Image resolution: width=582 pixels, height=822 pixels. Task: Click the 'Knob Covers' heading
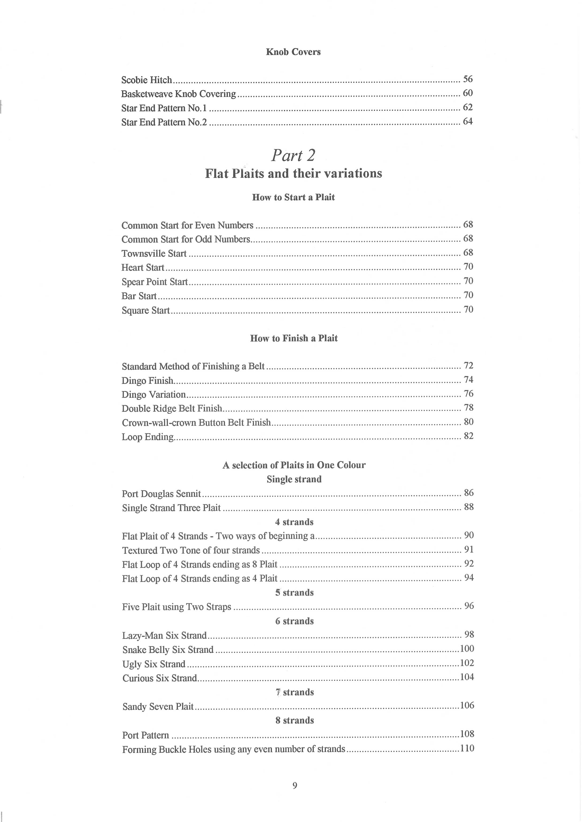(293, 52)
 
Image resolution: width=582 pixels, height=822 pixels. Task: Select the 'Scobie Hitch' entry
(146, 80)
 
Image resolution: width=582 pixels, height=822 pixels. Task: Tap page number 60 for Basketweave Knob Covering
(468, 93)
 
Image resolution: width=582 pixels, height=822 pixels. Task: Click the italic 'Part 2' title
(293, 155)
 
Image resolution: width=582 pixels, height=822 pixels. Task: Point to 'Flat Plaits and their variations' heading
(293, 174)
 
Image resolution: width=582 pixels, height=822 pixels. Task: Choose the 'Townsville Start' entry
(154, 254)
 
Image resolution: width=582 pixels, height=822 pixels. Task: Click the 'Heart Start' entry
(143, 267)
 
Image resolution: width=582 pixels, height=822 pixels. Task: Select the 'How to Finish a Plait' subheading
(293, 338)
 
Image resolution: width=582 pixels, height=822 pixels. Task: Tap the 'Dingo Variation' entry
(153, 395)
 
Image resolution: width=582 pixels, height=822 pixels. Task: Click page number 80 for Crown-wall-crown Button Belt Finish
(468, 422)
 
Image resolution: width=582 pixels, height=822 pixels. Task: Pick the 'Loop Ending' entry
(147, 437)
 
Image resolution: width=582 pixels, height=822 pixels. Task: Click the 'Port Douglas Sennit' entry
(161, 494)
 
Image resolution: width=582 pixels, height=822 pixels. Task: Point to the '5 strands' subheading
(294, 593)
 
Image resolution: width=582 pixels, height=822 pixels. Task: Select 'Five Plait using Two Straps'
(176, 607)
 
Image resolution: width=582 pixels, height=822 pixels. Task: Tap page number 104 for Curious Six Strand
(467, 677)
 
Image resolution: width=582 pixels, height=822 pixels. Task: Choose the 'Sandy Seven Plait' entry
(158, 706)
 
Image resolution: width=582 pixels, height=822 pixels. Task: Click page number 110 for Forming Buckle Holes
(467, 748)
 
